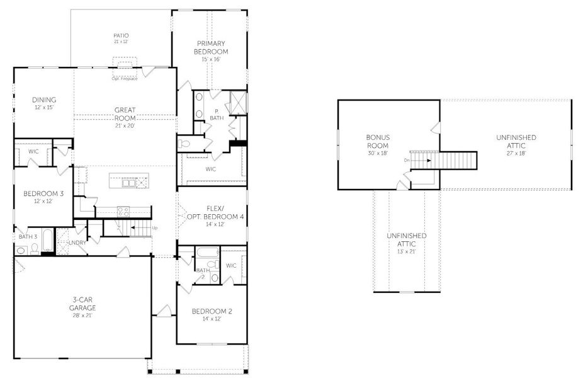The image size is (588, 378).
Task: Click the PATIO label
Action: click(120, 35)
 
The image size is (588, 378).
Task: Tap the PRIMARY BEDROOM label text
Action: click(212, 47)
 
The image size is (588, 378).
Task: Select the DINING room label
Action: click(44, 100)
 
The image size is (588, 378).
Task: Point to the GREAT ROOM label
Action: click(125, 113)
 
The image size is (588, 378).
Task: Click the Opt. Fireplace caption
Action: click(124, 79)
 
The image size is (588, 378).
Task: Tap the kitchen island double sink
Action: click(128, 183)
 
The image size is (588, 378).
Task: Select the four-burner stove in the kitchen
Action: click(123, 212)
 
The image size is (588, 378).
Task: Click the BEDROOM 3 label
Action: click(43, 193)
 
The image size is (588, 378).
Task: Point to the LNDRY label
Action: click(78, 242)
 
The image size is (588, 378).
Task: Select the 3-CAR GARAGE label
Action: click(82, 304)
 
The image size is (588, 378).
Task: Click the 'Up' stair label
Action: click(155, 227)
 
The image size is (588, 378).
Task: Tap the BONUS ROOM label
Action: click(378, 141)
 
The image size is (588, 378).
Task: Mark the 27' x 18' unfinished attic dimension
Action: click(516, 153)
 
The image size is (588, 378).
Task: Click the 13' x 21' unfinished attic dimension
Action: click(406, 252)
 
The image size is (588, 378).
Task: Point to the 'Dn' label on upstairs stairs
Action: click(407, 161)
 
